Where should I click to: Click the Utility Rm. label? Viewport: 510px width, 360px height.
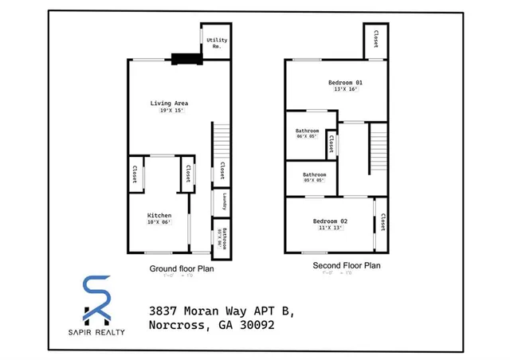(x=215, y=43)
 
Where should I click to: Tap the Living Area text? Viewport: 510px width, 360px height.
(x=169, y=103)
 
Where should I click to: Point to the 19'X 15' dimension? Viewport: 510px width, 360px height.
(x=169, y=111)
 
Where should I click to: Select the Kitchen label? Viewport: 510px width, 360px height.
(x=159, y=215)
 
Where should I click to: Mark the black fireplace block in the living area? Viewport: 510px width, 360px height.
(x=186, y=57)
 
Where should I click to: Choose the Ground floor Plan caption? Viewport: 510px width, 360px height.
(x=181, y=268)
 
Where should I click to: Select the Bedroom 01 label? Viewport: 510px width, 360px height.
(x=345, y=82)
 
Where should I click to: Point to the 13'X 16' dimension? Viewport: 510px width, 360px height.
(x=345, y=89)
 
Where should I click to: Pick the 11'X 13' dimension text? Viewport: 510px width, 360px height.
(x=329, y=228)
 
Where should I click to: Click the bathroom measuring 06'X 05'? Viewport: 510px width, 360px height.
(x=307, y=133)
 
